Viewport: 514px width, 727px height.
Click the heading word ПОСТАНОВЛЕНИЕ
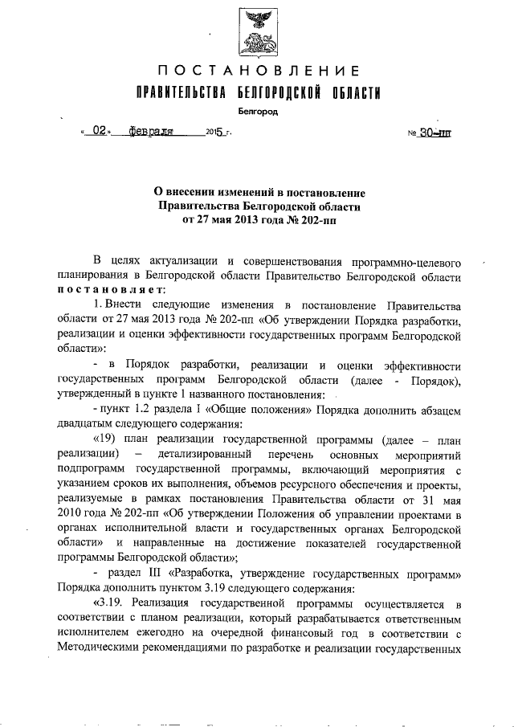tap(257, 71)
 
